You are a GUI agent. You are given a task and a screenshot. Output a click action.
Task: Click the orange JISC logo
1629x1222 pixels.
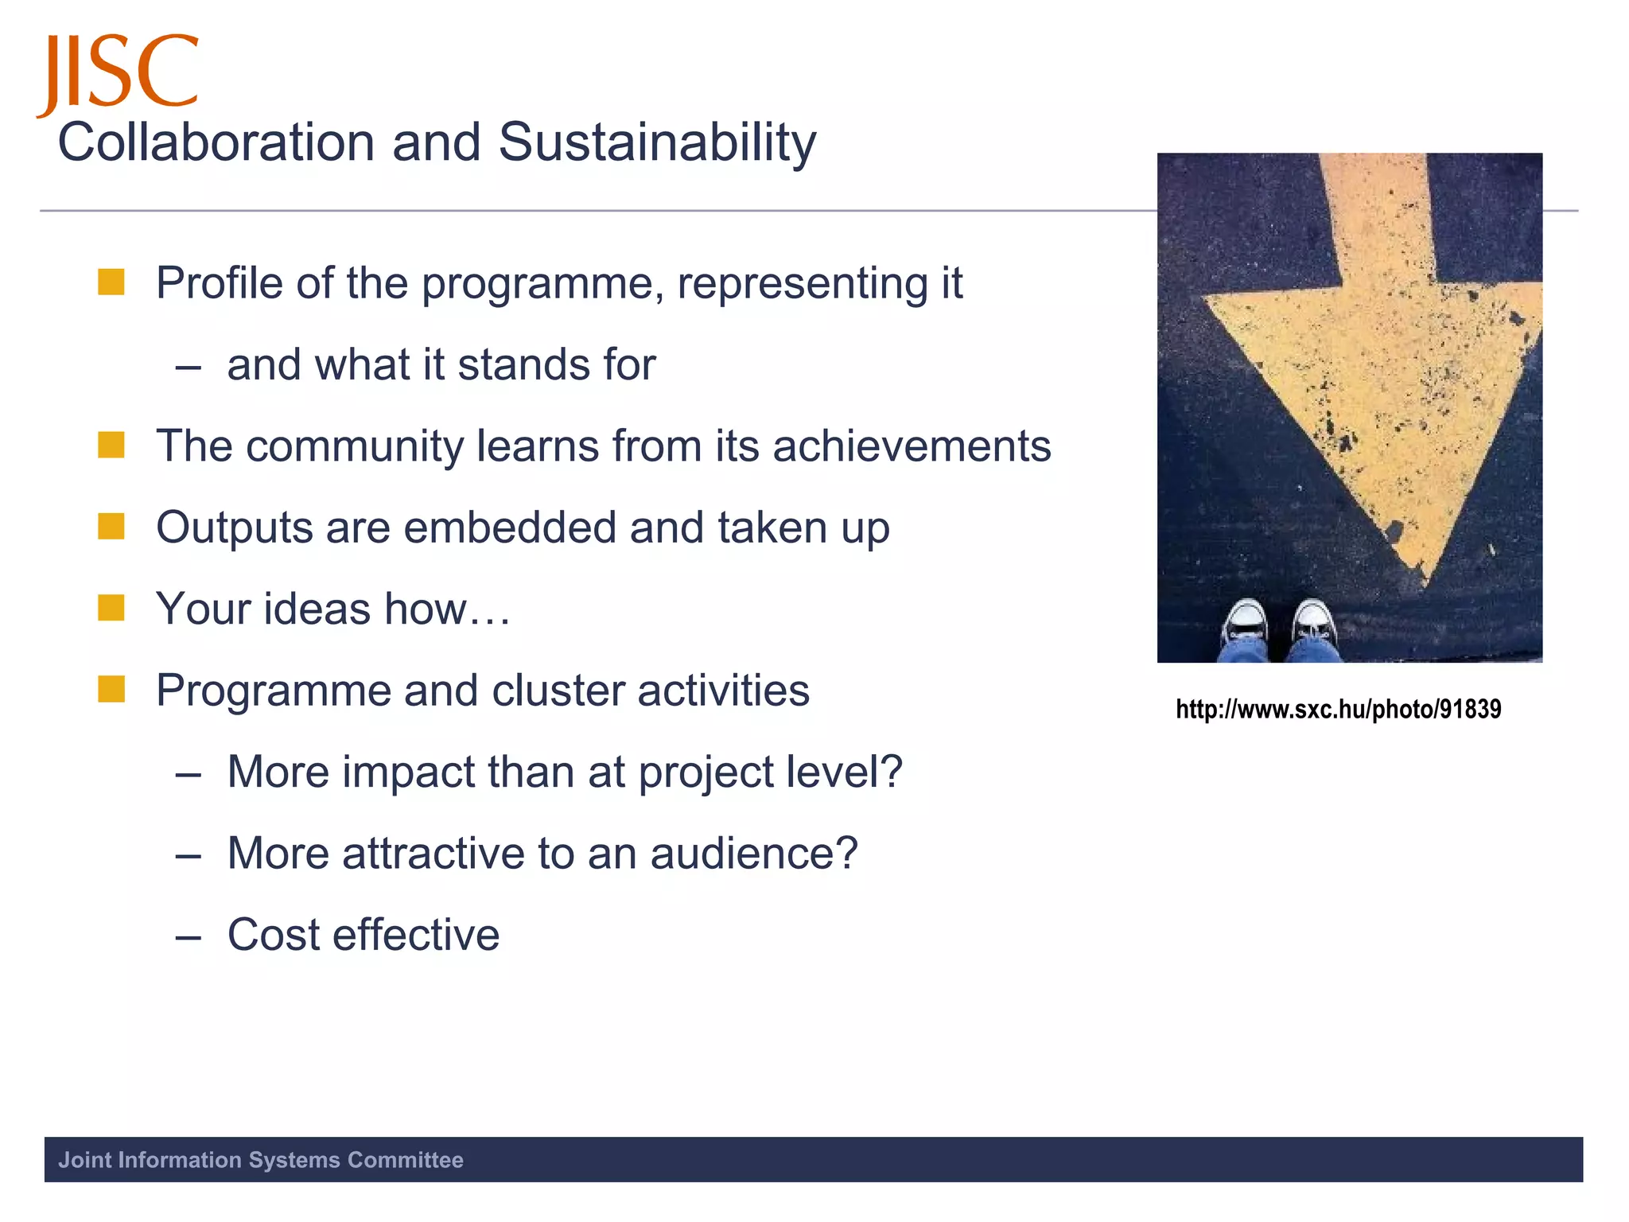click(118, 73)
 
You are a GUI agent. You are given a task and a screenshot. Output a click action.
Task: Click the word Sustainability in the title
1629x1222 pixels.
click(657, 143)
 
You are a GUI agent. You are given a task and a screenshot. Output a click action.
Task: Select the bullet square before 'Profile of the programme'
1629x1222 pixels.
click(111, 282)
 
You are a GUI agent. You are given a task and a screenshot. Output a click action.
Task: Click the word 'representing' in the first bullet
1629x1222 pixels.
click(803, 284)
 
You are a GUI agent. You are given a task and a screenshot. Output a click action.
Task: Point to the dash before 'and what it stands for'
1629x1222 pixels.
click(188, 367)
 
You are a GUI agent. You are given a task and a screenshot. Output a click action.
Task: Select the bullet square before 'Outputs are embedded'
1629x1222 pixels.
click(111, 527)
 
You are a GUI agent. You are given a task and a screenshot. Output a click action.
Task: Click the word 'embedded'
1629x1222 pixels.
click(510, 527)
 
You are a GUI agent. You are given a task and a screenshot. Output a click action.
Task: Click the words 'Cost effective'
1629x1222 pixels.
click(364, 935)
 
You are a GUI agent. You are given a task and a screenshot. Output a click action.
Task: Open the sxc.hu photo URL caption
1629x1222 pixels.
click(1338, 709)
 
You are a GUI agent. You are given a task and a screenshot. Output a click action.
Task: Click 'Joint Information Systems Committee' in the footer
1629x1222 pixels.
click(261, 1160)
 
